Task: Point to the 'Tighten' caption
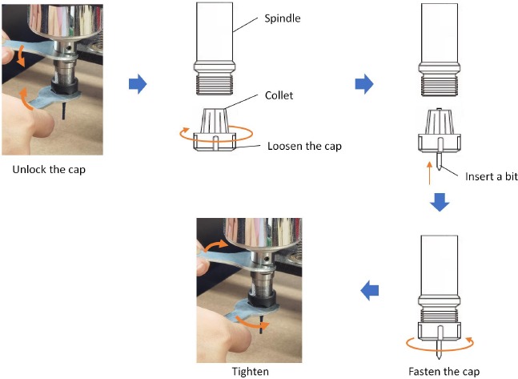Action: [x=248, y=371]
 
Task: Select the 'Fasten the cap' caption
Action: [x=443, y=371]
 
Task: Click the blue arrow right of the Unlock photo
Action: [x=139, y=82]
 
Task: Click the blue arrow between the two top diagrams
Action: [x=364, y=82]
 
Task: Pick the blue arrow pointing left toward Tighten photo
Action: [x=369, y=292]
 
